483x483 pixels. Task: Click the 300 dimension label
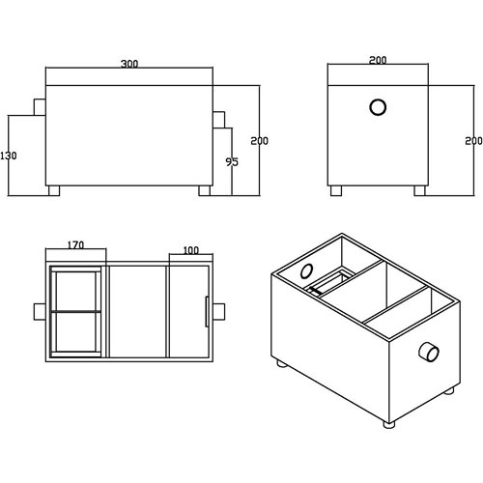[x=129, y=65]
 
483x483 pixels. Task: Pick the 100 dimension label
[x=190, y=250]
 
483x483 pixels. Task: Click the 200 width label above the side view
[x=378, y=60]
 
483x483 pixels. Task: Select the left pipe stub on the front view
[x=40, y=105]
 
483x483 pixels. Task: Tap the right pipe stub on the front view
[x=220, y=120]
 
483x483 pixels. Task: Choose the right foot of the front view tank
[x=204, y=189]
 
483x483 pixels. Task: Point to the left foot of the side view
[x=338, y=189]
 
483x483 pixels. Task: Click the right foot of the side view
[x=419, y=189]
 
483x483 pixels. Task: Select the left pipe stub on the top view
[x=40, y=311]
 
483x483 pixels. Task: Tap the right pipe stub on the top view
[x=220, y=311]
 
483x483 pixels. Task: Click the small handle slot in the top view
[x=205, y=311]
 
